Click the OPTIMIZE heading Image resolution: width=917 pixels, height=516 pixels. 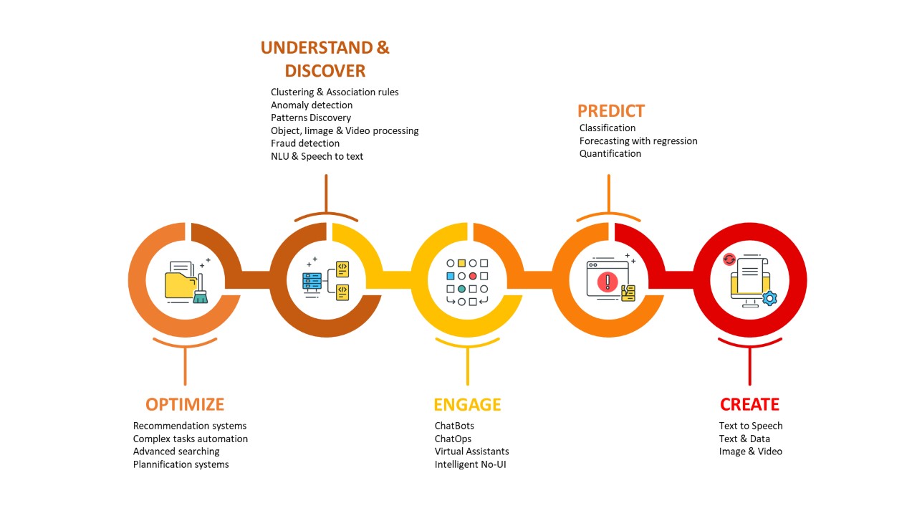tap(185, 405)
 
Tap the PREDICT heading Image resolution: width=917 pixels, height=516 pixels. tap(611, 111)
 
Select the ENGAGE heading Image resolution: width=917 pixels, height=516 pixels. tap(467, 405)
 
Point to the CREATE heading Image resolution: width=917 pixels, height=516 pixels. tap(749, 405)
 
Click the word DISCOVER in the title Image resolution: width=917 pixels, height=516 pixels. tap(325, 71)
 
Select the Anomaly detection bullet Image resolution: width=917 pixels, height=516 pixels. tap(312, 105)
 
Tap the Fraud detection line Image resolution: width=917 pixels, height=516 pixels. tap(305, 143)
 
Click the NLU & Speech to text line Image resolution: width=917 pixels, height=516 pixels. tap(317, 156)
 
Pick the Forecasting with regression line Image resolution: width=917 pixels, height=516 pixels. tap(638, 141)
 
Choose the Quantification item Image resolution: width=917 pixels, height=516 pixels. tap(610, 153)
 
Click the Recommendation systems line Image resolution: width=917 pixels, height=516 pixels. tap(190, 426)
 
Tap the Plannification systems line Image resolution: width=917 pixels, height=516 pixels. tap(181, 464)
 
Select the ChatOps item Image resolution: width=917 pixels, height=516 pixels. tap(453, 439)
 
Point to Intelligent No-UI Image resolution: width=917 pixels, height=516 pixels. tap(471, 464)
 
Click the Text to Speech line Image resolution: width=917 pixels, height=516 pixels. tap(751, 426)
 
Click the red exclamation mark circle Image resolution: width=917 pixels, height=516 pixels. tap(608, 282)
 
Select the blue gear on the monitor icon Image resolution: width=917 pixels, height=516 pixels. tap(769, 298)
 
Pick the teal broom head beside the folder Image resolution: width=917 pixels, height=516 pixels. tap(200, 297)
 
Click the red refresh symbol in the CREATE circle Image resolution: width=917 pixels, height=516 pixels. tap(729, 259)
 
